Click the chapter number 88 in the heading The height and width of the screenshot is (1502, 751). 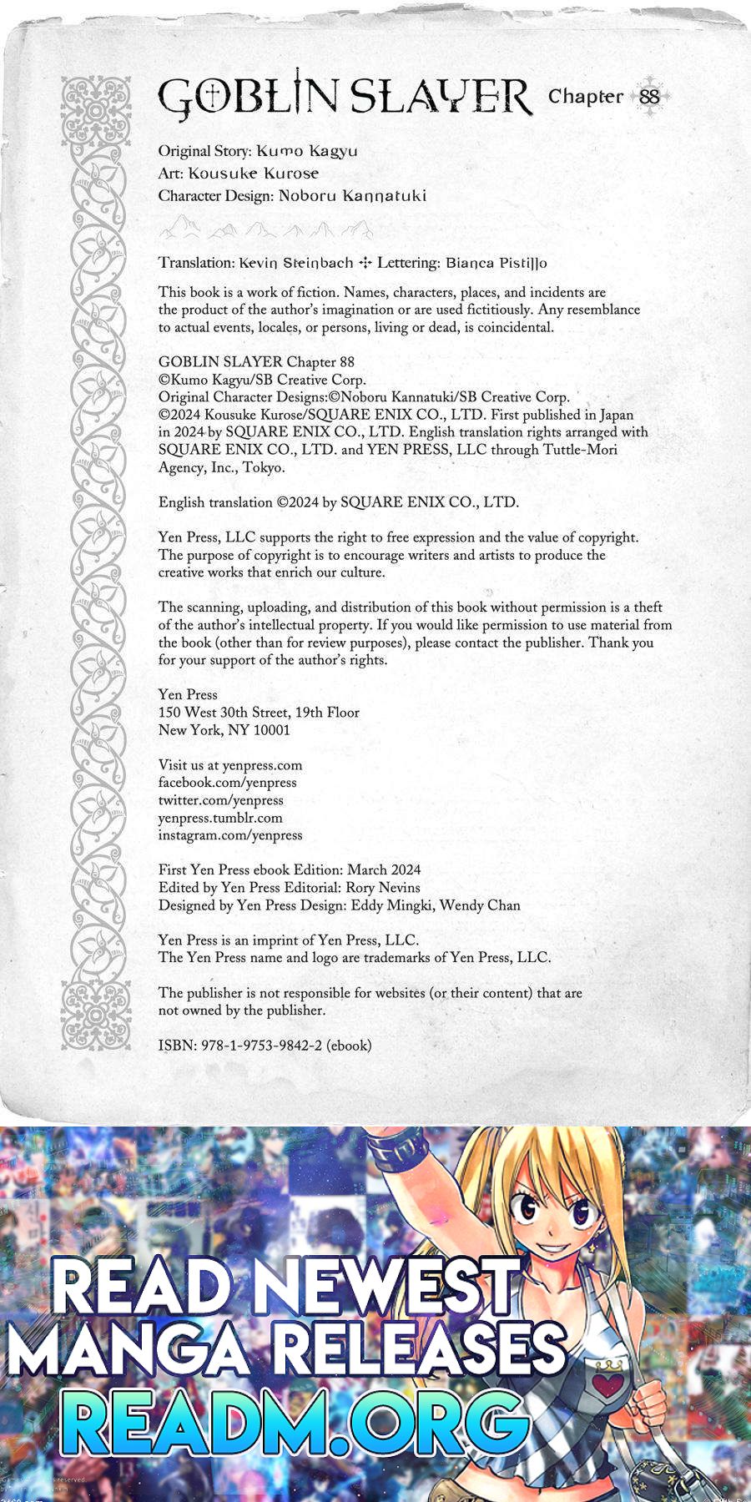coord(649,97)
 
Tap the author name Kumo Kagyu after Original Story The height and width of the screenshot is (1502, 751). coord(306,151)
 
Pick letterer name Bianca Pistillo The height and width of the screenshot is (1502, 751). coord(496,263)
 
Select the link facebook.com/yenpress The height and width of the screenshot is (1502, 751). coord(227,783)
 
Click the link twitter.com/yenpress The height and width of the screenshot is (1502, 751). coord(220,800)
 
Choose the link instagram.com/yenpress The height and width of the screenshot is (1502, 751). coord(230,835)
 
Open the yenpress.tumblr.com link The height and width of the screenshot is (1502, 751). coord(220,818)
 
